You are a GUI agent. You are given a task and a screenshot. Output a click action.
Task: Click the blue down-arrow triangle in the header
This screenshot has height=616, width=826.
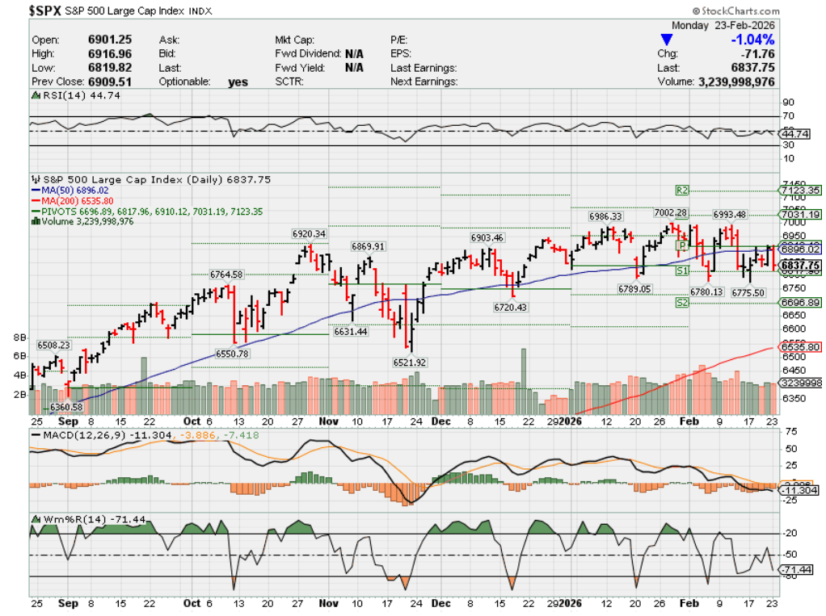click(x=667, y=40)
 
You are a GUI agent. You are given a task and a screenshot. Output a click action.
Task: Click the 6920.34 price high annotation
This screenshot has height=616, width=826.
click(x=309, y=233)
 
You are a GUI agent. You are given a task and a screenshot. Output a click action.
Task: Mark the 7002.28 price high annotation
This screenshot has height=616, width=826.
click(x=671, y=212)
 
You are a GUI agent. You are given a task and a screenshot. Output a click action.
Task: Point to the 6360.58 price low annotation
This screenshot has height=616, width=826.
click(x=67, y=407)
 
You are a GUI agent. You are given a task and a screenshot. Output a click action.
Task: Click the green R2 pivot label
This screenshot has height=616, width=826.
click(x=682, y=191)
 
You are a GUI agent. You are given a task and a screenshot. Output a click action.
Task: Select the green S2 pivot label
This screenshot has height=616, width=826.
click(x=682, y=303)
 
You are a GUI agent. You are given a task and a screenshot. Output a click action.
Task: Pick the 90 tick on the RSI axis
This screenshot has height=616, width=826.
click(x=788, y=103)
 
